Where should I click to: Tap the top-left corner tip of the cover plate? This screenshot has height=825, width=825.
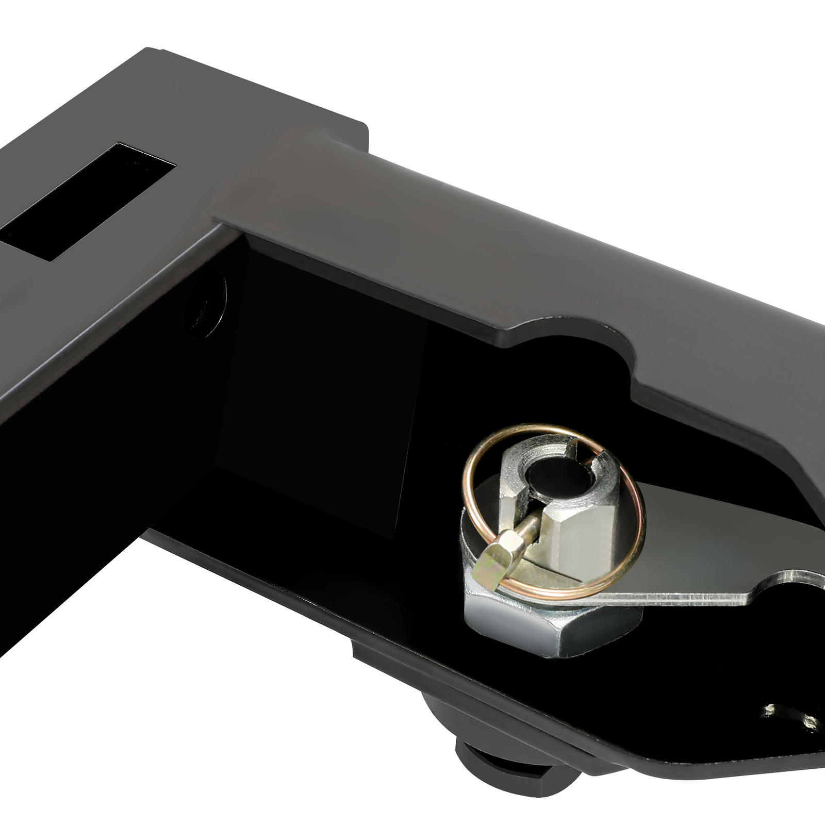tap(150, 52)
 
